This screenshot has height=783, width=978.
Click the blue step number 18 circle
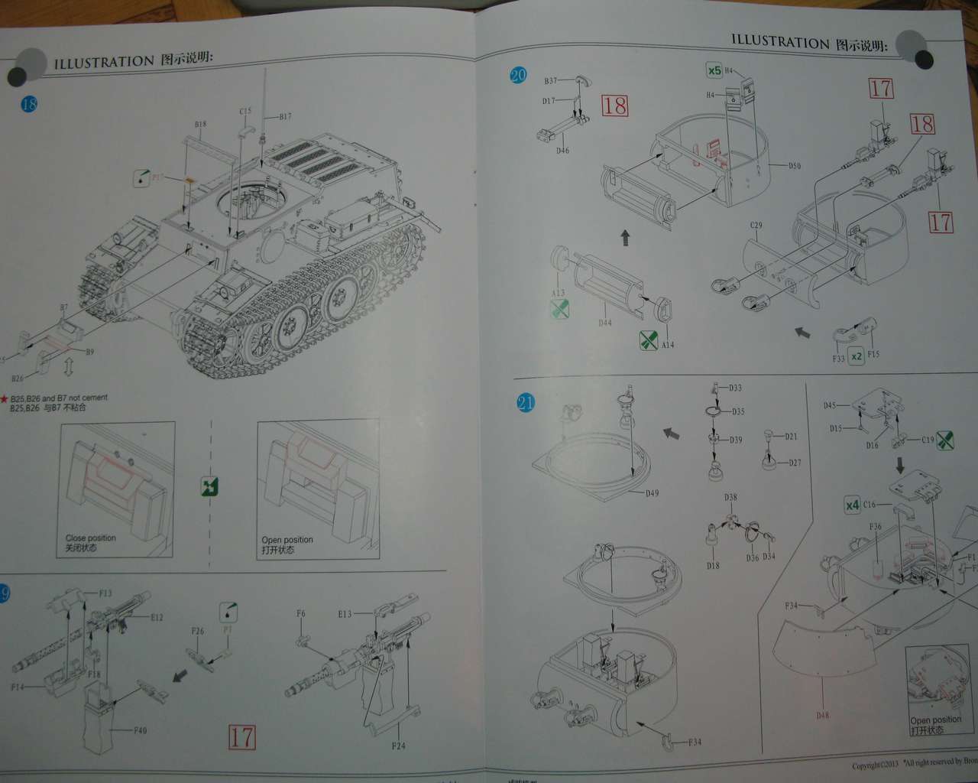[x=29, y=104]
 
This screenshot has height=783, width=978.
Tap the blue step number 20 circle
[x=518, y=75]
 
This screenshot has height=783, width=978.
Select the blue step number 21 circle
[x=526, y=402]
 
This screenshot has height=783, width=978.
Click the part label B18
[x=200, y=124]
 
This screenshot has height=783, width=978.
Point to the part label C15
[x=245, y=112]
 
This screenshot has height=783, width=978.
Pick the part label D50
[x=795, y=166]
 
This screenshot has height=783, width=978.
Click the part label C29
[x=756, y=226]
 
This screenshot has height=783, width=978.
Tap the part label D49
[x=652, y=493]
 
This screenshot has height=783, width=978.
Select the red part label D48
[x=822, y=716]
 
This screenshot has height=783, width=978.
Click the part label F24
[x=398, y=746]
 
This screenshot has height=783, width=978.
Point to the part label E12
[x=157, y=618]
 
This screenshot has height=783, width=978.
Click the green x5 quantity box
[x=714, y=71]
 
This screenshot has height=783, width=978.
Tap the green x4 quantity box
[x=853, y=505]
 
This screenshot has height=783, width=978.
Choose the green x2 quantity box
[x=856, y=356]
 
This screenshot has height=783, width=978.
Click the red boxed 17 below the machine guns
[x=242, y=737]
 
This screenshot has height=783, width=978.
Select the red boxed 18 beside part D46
[x=615, y=106]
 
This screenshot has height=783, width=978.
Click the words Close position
[x=91, y=538]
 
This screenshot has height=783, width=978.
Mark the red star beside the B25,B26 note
[x=4, y=398]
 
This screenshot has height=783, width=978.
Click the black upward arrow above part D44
[x=625, y=238]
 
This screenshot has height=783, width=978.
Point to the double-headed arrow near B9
[x=68, y=367]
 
